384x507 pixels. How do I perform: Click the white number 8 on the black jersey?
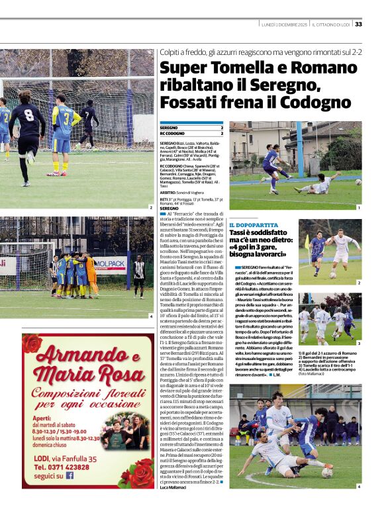[x=30, y=113]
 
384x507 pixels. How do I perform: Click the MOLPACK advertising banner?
[x=109, y=263]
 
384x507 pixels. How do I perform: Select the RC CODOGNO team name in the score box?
[x=171, y=133]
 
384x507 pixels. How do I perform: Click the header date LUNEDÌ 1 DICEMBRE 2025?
[x=283, y=24]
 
